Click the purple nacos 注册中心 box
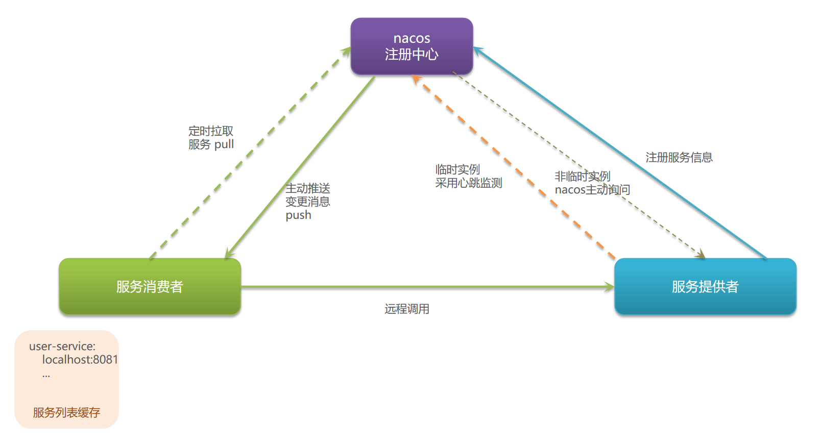(x=412, y=46)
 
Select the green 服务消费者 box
(x=150, y=286)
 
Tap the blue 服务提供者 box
(x=705, y=286)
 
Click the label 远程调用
(x=407, y=309)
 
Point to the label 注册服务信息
(x=679, y=158)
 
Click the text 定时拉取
(x=211, y=131)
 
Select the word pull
(x=224, y=144)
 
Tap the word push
(x=298, y=215)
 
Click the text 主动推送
(x=308, y=188)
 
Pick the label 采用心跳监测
(x=468, y=183)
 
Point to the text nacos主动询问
(x=592, y=190)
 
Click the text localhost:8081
(x=80, y=360)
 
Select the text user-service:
(x=62, y=347)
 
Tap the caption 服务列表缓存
(x=66, y=413)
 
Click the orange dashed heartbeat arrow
(x=514, y=167)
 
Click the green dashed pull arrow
(x=250, y=153)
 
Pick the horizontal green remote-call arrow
(x=428, y=287)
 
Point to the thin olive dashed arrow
(x=579, y=165)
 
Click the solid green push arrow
(x=300, y=167)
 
